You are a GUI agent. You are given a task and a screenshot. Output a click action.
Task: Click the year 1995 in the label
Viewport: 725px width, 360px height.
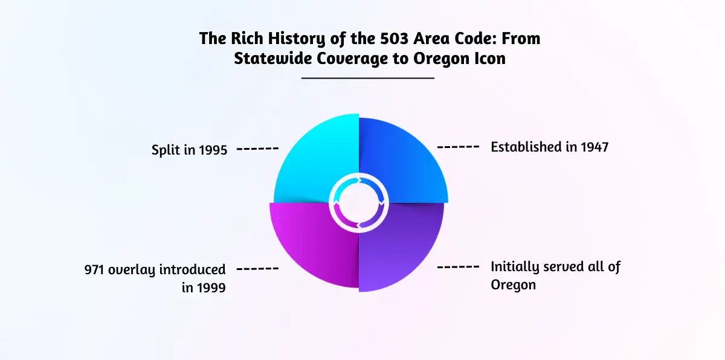213,150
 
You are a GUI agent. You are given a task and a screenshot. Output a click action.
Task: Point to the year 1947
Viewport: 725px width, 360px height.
594,147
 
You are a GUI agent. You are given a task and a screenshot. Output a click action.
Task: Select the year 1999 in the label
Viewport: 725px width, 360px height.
211,288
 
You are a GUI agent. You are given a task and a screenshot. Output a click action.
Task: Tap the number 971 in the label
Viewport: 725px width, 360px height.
94,270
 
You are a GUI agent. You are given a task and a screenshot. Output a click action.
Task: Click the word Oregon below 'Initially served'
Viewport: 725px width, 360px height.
513,285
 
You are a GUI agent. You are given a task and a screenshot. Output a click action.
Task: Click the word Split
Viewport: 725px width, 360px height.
166,150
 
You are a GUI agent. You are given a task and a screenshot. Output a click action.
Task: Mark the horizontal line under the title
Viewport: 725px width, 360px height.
368,78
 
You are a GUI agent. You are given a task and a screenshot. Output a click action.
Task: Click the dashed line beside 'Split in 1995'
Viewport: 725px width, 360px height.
257,149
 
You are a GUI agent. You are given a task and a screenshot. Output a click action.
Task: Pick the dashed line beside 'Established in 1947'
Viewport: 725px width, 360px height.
458,147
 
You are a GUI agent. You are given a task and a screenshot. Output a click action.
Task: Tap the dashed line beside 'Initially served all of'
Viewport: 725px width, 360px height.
458,267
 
